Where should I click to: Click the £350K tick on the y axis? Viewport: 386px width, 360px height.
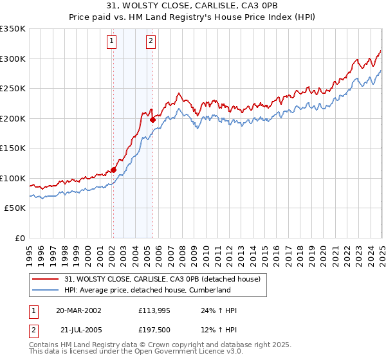pos(13,29)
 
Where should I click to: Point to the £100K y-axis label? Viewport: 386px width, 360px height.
pos(13,178)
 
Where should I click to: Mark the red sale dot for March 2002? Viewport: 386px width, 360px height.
pos(113,170)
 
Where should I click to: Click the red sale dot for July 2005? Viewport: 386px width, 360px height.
pos(152,120)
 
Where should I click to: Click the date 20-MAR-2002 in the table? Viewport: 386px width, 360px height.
pos(78,310)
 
